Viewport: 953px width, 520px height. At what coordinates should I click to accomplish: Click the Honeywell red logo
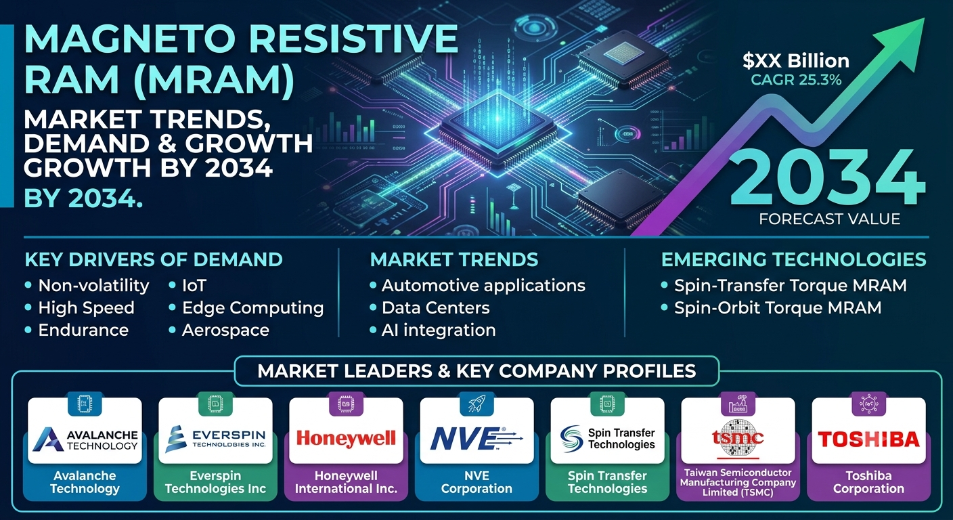coord(346,438)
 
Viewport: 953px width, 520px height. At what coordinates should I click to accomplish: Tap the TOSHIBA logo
coord(868,439)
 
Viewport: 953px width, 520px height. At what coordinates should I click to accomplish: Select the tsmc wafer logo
coord(738,439)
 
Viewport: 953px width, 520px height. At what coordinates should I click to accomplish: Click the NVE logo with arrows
coord(476,438)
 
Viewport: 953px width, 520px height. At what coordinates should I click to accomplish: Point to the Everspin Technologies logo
coord(215,439)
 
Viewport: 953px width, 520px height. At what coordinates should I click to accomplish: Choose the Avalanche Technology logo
coord(85,439)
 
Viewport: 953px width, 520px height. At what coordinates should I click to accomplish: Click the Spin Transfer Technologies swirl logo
coord(571,439)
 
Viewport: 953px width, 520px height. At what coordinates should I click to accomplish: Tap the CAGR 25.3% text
coord(796,80)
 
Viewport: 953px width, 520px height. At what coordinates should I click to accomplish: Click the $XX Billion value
coord(796,60)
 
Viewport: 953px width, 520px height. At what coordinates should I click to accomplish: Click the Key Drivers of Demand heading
coord(154,259)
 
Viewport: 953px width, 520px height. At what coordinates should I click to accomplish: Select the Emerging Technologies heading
coord(793,259)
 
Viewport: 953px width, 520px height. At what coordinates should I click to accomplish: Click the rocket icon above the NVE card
coord(476,403)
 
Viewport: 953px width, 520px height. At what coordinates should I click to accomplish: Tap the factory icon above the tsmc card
coord(738,403)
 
